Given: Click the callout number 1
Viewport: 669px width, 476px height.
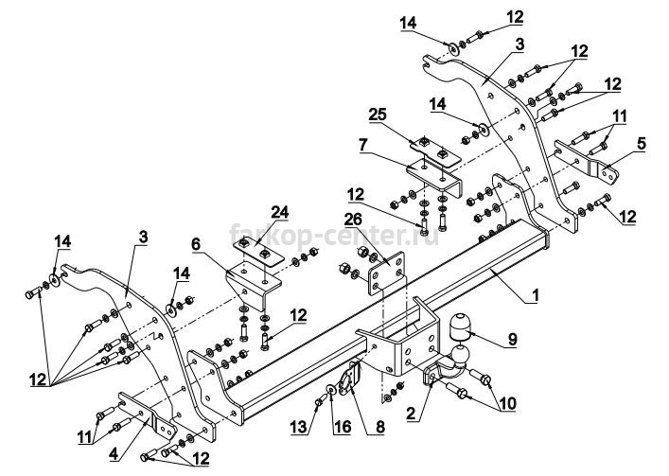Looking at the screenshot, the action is click(535, 294).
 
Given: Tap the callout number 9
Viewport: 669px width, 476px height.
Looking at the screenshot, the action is click(513, 339).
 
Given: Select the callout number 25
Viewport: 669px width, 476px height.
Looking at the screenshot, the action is click(378, 115).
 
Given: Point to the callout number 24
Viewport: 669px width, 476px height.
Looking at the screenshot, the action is click(280, 212).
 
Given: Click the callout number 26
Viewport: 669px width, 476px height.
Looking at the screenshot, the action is click(353, 220).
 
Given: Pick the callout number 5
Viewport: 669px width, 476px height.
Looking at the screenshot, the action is click(642, 144).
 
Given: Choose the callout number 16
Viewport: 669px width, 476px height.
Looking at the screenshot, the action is click(343, 427).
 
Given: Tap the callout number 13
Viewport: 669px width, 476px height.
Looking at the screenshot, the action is click(299, 427).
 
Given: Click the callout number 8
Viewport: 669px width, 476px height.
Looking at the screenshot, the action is click(379, 427).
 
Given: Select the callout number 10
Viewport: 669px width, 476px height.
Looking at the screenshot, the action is click(508, 403).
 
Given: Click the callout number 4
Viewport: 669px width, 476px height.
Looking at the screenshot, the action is click(114, 454).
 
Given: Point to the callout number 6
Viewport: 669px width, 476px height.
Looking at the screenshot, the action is click(196, 244).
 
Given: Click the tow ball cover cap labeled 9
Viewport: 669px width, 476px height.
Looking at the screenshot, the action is click(461, 327).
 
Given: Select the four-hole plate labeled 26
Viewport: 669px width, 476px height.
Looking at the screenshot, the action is click(387, 273).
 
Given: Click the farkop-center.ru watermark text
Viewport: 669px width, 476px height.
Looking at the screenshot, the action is click(334, 235).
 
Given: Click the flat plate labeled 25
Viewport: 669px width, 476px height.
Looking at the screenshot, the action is click(435, 152).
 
